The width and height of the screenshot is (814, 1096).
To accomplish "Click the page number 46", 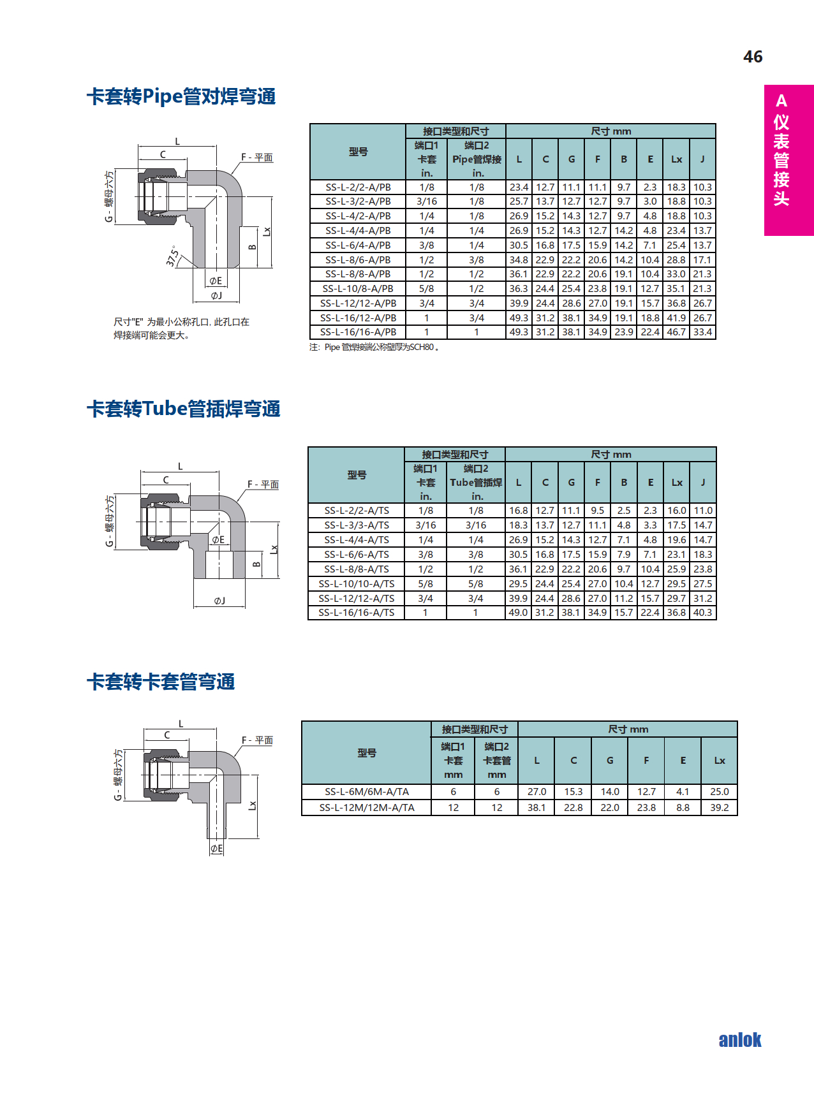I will (753, 57).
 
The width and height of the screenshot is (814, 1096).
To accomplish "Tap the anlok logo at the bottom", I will (739, 1040).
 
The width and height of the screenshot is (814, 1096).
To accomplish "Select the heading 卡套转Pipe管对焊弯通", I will (181, 96).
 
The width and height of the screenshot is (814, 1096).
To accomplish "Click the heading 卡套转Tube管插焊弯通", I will (184, 409).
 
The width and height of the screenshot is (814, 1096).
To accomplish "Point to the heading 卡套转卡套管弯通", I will (161, 682).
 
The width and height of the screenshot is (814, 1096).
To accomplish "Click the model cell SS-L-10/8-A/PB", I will (358, 289).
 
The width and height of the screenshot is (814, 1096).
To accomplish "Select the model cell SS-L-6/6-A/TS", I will (357, 555).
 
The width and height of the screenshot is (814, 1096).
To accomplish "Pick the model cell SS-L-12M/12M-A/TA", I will (367, 808).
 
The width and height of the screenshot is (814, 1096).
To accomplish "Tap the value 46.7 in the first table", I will (676, 332).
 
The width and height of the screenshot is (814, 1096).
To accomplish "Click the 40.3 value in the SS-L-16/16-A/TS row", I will (703, 613).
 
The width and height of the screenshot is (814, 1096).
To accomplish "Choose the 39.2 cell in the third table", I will (719, 808).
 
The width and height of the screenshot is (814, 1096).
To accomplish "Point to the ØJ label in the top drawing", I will (217, 296).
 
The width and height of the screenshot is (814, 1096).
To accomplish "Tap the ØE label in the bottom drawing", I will (217, 849).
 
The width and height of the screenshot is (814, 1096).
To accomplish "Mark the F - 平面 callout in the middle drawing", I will (263, 485).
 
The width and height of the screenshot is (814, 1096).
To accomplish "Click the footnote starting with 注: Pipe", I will (374, 347).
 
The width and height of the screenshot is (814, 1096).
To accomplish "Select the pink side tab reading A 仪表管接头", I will (788, 160).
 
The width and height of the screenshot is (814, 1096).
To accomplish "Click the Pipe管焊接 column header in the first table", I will (477, 159).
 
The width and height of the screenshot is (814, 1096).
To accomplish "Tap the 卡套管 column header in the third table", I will (497, 760).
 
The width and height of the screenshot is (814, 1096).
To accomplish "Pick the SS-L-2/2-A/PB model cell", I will (358, 187).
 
